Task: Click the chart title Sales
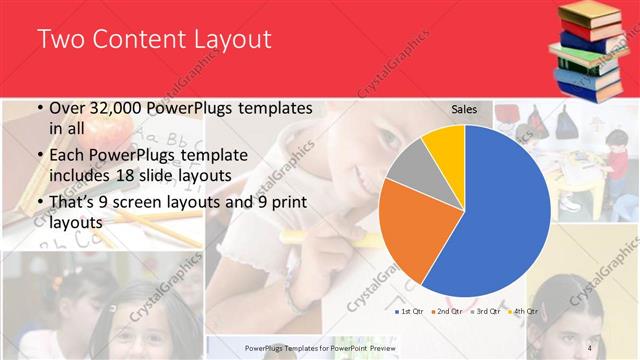464,109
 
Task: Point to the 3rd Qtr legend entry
487,311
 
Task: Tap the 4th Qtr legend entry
523,311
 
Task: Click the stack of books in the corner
591,50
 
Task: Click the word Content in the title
135,40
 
